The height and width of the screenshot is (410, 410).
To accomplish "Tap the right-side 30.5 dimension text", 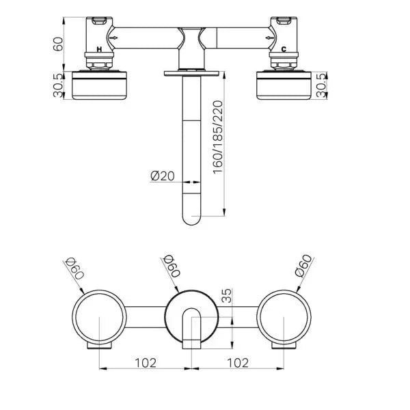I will coord(331,85).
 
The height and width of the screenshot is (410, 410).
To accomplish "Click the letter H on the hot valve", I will coord(100,50).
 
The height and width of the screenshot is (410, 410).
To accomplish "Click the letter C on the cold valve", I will coord(284,50).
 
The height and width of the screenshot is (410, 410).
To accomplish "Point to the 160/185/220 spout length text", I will coord(217,137).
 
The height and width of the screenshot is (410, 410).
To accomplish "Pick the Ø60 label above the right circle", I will coord(303,266).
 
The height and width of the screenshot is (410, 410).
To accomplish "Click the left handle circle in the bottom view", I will coord(99,318).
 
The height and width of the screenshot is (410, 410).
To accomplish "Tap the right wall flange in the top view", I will coord(284,86).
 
